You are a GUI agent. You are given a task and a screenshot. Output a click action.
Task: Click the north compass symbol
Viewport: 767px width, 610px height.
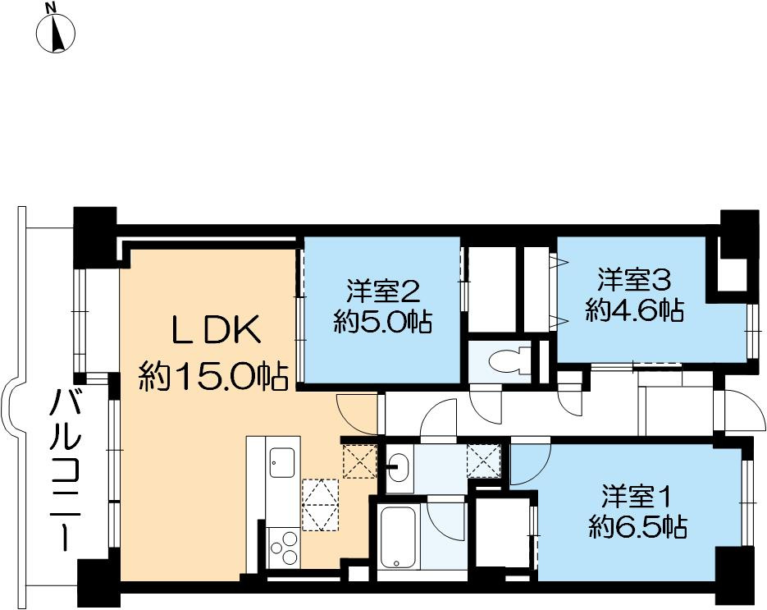pyautogui.click(x=56, y=32)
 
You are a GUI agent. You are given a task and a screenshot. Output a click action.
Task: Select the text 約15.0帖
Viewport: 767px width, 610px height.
pyautogui.click(x=212, y=377)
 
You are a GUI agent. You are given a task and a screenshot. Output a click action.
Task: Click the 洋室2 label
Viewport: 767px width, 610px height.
pyautogui.click(x=383, y=289)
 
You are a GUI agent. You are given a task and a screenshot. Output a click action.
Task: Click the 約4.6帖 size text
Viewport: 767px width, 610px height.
pyautogui.click(x=634, y=310)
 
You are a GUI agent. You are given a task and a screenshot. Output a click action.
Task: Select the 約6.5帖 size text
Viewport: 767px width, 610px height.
pyautogui.click(x=637, y=526)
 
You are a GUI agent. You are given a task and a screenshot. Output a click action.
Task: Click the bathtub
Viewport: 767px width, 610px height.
pyautogui.click(x=401, y=537)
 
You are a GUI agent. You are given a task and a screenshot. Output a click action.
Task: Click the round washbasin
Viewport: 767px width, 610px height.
pyautogui.click(x=397, y=469)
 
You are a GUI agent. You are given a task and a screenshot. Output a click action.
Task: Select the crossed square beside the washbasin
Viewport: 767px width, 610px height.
pyautogui.click(x=482, y=461)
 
